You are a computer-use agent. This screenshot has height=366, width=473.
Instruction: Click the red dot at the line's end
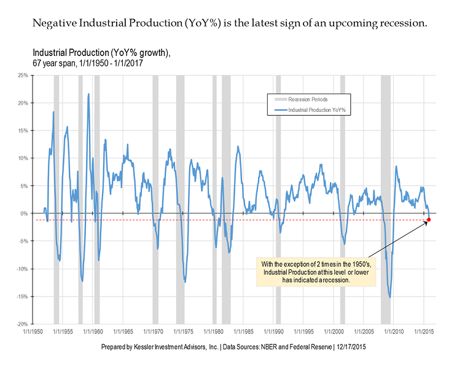point(429,220)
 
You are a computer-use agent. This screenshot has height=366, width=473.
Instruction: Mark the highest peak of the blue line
point(88,94)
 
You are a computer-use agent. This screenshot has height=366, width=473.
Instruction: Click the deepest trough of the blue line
point(390,298)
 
